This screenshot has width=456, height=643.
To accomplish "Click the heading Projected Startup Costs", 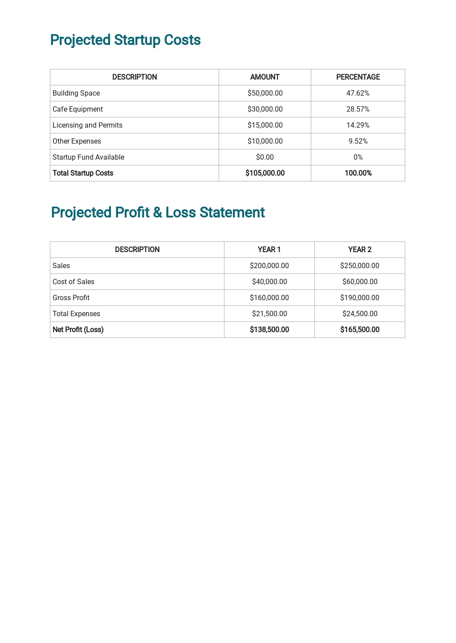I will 125,40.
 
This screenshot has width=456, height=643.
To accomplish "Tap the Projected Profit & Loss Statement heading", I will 158,213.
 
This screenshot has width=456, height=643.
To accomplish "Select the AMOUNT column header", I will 265,77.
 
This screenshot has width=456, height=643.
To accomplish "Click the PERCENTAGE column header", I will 358,77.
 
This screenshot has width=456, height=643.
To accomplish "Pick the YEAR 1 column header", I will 269,249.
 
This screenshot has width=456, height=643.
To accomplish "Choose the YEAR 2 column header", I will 359,249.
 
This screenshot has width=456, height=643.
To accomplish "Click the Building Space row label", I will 76,93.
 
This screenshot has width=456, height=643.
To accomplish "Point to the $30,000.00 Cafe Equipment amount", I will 265,109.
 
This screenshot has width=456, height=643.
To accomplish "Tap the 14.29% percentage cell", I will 358,125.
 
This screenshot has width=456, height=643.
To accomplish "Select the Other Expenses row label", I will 77,141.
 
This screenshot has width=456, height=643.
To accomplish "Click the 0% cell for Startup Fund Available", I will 358,157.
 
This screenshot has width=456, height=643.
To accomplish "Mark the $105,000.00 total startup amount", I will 265,173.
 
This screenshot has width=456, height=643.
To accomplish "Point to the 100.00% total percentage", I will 358,173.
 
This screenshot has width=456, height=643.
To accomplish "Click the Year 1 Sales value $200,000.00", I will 269,265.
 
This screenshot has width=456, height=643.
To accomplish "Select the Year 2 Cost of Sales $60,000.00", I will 359,281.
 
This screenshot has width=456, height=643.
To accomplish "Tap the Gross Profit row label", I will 71,297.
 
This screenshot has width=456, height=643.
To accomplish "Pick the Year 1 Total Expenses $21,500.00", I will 269,313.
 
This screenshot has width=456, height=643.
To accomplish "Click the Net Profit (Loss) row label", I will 78,330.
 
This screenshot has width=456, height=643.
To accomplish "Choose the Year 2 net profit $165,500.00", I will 359,330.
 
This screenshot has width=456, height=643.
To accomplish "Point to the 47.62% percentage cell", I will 358,93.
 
